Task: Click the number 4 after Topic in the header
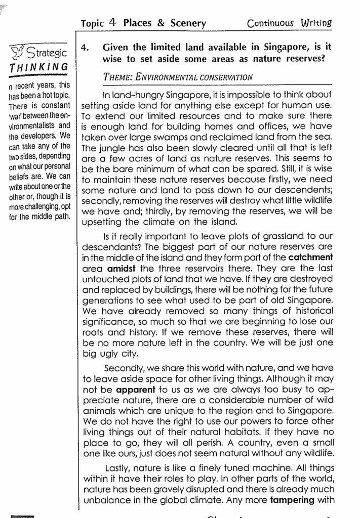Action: (x=112, y=23)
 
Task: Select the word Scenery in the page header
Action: (x=182, y=23)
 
